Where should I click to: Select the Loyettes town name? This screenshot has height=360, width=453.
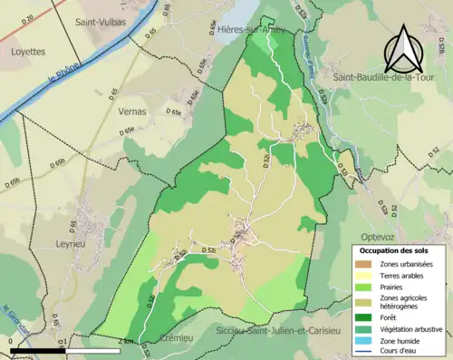click(x=27, y=52)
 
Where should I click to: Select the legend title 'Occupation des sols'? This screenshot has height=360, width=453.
click(x=396, y=249)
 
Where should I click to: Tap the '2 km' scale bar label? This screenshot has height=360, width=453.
click(x=126, y=341)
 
